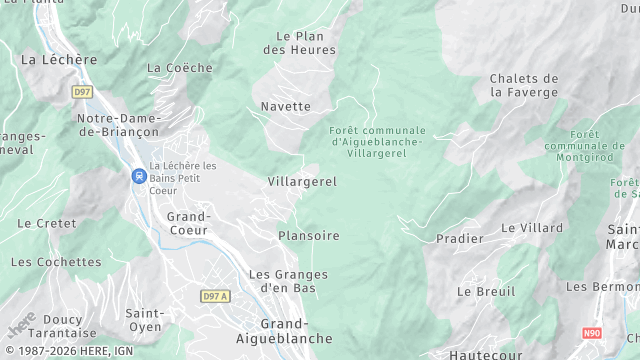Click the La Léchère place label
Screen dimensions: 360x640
(x=59, y=60)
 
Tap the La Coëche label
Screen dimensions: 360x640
(x=180, y=68)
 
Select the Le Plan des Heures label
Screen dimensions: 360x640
(x=306, y=42)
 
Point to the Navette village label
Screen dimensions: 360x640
(x=286, y=106)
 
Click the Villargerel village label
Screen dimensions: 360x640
(x=302, y=182)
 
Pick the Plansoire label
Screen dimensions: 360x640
(x=309, y=236)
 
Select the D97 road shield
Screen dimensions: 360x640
(x=82, y=92)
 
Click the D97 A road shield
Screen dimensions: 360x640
(x=215, y=296)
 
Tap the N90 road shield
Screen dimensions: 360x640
(x=593, y=333)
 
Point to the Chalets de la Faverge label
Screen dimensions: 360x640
(x=524, y=85)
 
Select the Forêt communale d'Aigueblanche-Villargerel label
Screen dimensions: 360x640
(x=377, y=143)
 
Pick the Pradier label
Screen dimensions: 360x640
(x=460, y=239)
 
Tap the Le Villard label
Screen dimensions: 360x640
(x=532, y=228)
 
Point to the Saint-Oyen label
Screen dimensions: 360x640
(x=145, y=320)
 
